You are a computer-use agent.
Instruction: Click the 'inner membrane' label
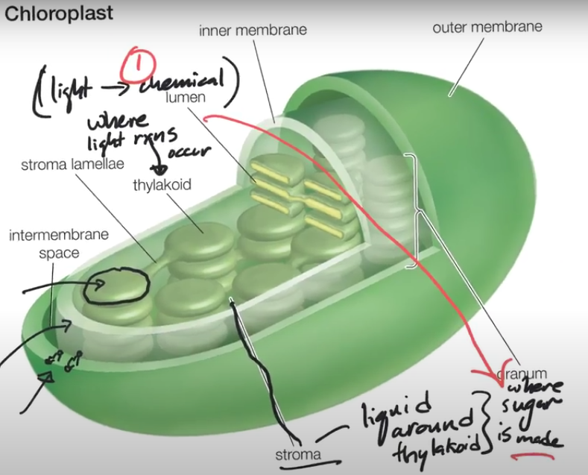pyautogui.click(x=253, y=30)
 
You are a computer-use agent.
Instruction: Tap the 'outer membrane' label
pyautogui.click(x=487, y=27)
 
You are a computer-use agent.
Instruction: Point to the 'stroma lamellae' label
pyautogui.click(x=72, y=163)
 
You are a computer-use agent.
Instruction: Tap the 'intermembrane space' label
pyautogui.click(x=58, y=244)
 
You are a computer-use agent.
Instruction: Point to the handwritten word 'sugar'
pyautogui.click(x=534, y=408)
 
